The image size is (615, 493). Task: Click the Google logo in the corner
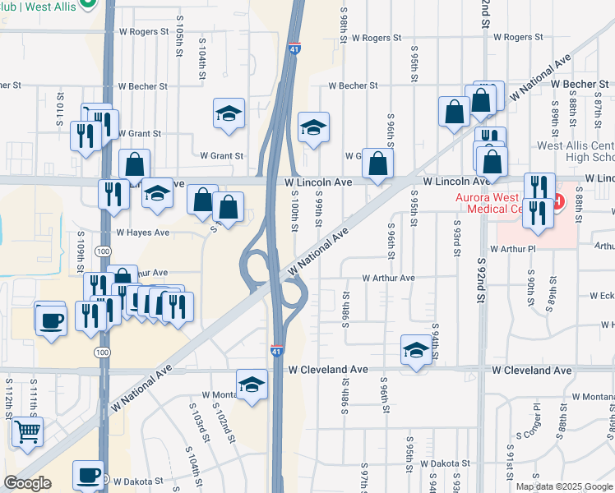pyautogui.click(x=27, y=483)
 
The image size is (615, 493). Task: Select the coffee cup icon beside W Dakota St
pyautogui.click(x=88, y=475)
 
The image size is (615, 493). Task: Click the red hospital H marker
pyautogui.click(x=559, y=200)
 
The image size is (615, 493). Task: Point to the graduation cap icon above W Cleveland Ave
pyautogui.click(x=416, y=350)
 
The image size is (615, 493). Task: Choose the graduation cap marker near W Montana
pyautogui.click(x=252, y=385)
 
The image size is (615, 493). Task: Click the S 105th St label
pyautogui.click(x=178, y=39)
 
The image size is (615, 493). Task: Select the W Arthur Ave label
pyautogui.click(x=387, y=278)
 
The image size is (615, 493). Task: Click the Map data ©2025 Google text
pyautogui.click(x=563, y=486)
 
